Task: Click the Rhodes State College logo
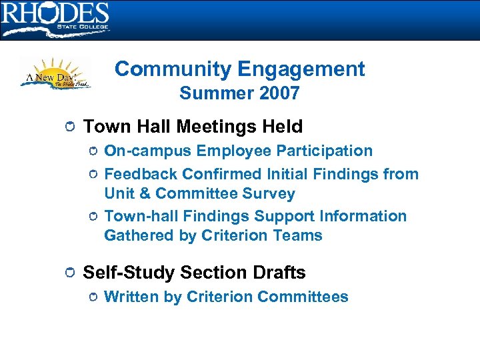click(x=55, y=19)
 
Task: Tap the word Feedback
click(x=141, y=174)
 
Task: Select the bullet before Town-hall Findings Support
click(x=94, y=217)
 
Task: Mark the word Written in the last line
click(x=131, y=297)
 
